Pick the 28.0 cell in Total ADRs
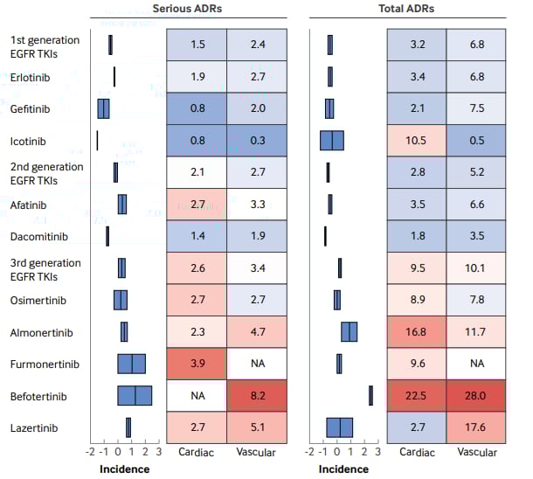tap(475, 396)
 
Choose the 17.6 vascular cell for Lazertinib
tap(475, 427)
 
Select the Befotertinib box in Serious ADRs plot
tap(135, 396)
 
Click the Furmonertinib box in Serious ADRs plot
tap(132, 364)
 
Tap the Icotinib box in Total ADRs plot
tap(331, 141)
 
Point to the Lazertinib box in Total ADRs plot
tap(339, 427)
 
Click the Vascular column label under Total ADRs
tap(475, 452)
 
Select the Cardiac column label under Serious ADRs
tap(196, 452)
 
